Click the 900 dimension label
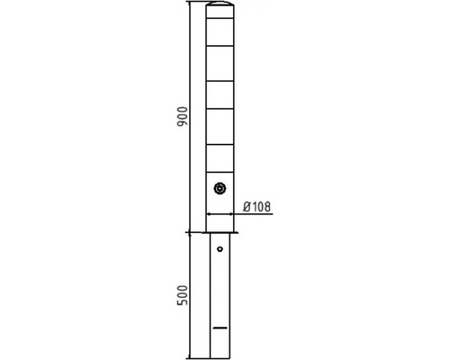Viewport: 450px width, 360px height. point(183,116)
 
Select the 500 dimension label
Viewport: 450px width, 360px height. point(183,295)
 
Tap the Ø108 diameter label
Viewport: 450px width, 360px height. point(256,207)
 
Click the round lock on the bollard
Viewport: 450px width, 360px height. point(220,189)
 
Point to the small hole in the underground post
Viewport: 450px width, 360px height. point(220,249)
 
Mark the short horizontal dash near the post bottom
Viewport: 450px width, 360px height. point(220,328)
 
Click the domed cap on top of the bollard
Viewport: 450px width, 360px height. point(220,4)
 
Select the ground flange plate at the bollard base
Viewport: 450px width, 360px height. point(220,232)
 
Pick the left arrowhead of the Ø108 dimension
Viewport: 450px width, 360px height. point(209,214)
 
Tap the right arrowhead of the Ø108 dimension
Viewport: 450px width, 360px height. point(231,214)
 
